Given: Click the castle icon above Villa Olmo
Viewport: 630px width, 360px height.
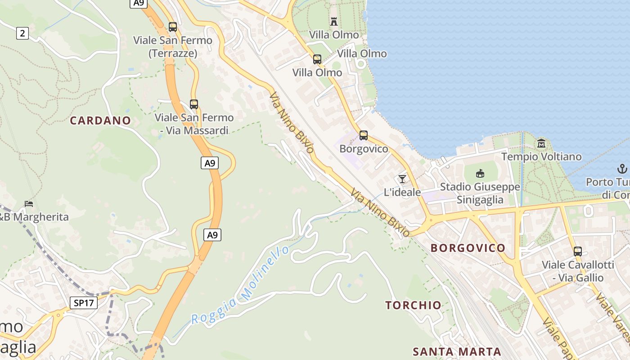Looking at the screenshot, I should pos(334,21).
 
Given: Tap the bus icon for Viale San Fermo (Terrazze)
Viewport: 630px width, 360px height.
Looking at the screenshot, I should pos(173,27).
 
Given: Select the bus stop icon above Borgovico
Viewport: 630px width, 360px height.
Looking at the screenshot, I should pos(363,135).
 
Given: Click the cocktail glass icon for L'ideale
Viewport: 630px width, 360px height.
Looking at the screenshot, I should pos(402,179).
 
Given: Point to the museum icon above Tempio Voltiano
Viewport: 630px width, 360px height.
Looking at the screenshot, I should pos(541,144).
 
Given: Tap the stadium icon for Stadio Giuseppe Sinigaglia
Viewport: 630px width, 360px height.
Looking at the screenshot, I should pos(480,173).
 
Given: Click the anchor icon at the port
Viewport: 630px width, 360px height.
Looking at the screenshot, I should pos(622,169).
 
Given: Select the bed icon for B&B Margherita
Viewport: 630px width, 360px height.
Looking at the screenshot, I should pos(29,203).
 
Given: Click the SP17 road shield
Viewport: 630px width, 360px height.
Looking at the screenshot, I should pos(84,303).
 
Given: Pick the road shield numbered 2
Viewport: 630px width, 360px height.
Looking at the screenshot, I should pos(22,33).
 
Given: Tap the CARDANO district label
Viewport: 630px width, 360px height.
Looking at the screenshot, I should pos(100,121).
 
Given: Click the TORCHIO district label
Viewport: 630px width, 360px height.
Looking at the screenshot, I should pos(413,305).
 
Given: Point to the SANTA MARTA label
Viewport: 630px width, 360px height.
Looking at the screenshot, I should pos(457,351).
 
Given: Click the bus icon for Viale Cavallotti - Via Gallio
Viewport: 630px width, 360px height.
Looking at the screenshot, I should pos(578,251).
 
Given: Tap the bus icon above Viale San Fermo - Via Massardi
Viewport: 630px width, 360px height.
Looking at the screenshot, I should pos(194,104).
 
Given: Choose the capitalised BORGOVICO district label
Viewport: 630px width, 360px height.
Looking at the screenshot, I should pos(468,248).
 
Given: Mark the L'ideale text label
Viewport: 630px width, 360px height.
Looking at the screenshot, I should pos(402,192).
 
